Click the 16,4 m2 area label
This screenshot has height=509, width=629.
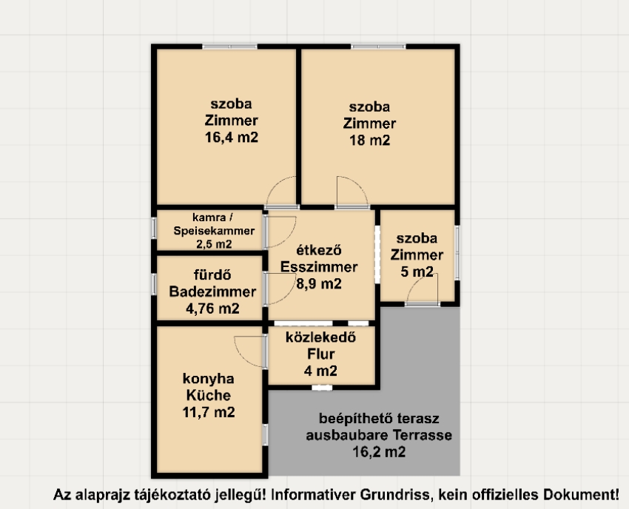pos(232,138)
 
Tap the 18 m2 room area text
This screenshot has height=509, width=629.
pos(369,141)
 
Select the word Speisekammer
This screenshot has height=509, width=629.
pos(214,231)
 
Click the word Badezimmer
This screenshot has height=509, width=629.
pos(212,291)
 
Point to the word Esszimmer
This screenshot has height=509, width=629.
pos(319,267)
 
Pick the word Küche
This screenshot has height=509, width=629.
pos(209,396)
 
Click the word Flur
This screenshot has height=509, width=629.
pos(321,354)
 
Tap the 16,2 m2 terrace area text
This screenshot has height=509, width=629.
pos(379,452)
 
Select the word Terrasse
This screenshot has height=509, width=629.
pos(423,435)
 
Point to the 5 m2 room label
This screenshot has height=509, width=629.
pos(417,272)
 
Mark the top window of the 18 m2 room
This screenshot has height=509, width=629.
pos(378,47)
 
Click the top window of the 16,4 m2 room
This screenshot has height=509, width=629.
pos(229,47)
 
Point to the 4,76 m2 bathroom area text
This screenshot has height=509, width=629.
pos(212,309)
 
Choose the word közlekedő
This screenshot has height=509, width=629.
pos(320,337)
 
